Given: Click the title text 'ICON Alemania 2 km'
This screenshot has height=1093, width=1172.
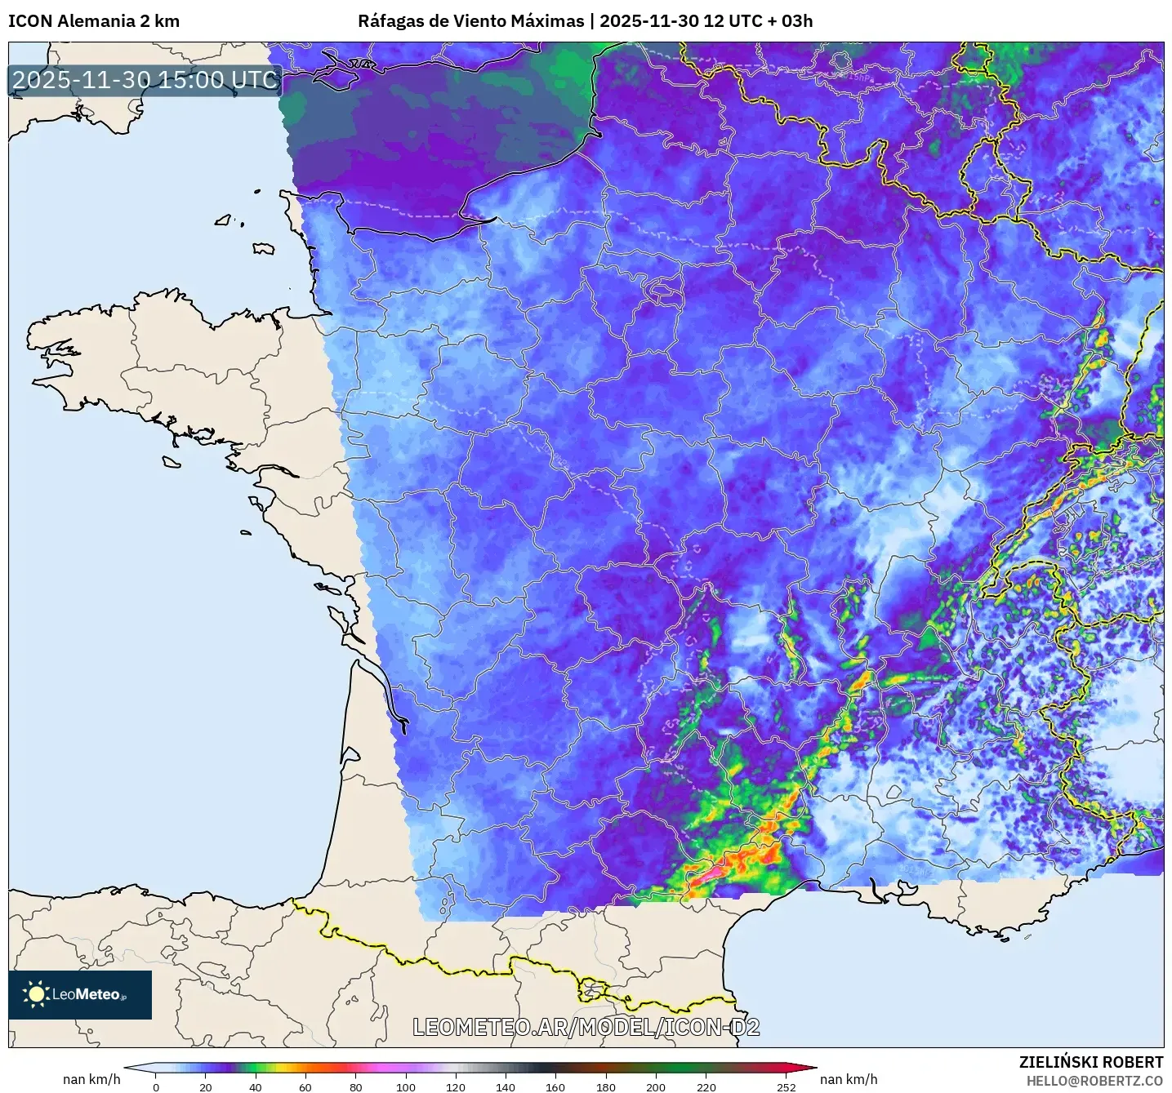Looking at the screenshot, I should [94, 21].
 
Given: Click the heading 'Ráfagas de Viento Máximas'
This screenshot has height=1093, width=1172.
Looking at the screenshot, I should [471, 21].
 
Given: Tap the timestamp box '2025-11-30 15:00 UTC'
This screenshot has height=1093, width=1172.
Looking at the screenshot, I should [145, 80].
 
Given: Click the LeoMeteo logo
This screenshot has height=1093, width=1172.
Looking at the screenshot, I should [80, 994].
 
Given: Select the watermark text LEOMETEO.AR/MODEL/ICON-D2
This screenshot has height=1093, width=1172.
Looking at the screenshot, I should [586, 1027].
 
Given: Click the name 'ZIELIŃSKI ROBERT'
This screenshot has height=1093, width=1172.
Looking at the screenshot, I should [1090, 1062].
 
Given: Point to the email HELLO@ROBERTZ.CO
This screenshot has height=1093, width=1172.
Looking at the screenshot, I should [1094, 1081].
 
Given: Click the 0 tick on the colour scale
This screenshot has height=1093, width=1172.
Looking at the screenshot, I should [156, 1086].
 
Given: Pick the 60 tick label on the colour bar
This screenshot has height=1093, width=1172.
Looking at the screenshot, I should [305, 1086].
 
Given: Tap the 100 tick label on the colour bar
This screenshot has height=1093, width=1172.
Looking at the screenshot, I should [406, 1086].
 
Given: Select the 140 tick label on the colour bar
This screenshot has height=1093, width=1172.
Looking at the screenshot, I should [506, 1086].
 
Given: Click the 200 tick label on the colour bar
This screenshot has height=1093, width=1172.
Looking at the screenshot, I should [656, 1086].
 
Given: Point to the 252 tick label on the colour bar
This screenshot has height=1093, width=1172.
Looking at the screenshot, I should [786, 1086].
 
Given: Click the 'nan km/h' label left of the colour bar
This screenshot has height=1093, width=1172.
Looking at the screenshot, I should [91, 1079].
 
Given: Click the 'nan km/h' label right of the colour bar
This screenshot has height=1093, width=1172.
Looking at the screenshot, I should [849, 1079].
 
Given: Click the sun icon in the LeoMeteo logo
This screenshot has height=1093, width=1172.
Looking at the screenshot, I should [36, 994].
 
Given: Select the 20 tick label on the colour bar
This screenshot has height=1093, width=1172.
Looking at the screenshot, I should [206, 1086].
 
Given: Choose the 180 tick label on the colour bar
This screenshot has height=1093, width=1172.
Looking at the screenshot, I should [605, 1086].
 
